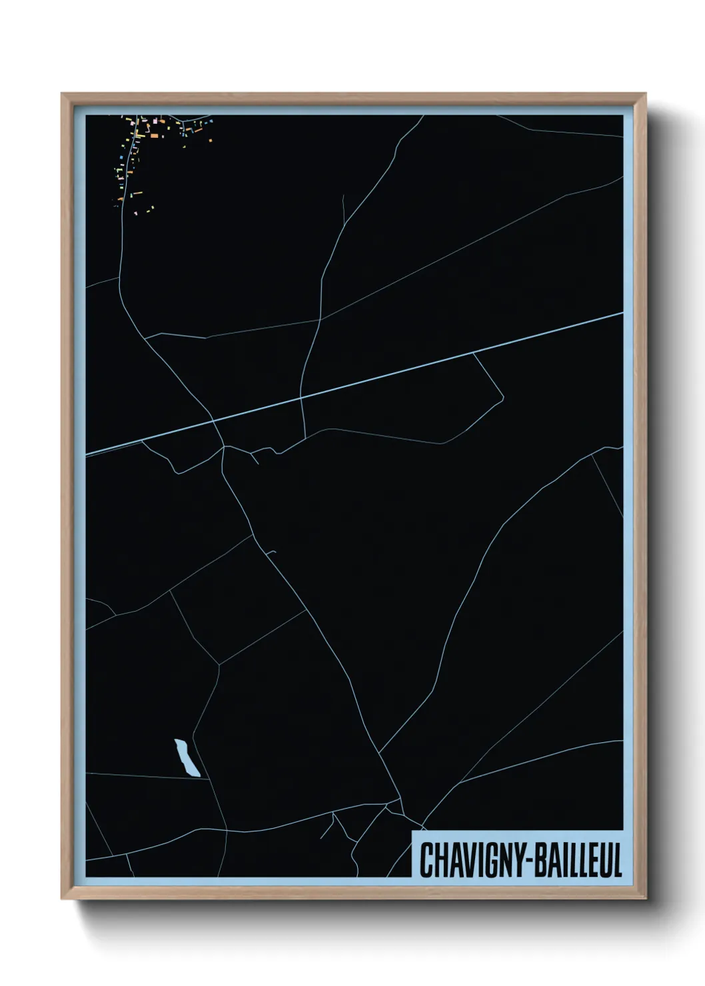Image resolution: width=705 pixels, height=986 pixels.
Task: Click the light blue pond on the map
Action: tap(187, 758)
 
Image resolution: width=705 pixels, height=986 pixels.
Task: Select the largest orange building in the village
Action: tap(154, 135)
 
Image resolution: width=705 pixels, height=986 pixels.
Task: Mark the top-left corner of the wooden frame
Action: tap(62, 94)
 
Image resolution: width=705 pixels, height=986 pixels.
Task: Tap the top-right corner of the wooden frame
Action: tap(646, 94)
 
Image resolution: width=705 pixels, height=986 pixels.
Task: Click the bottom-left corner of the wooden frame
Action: tap(62, 899)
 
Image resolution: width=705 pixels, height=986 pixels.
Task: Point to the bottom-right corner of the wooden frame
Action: tap(646, 899)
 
